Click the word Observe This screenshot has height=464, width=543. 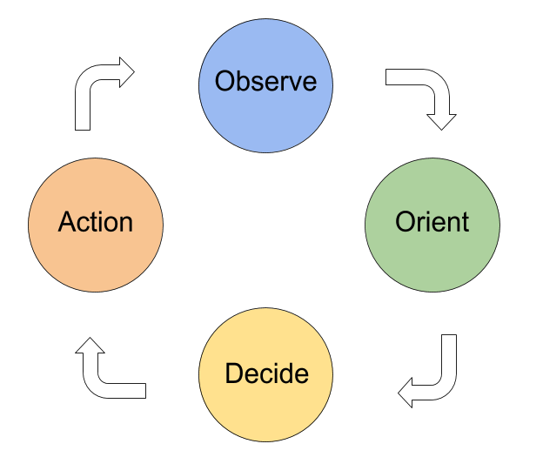click(x=265, y=81)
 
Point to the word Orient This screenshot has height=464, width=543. click(x=432, y=221)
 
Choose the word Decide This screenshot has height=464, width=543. click(x=266, y=373)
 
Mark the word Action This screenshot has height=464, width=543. click(x=96, y=221)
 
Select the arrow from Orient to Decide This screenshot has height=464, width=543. click(x=447, y=381)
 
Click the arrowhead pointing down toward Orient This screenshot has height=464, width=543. click(x=441, y=122)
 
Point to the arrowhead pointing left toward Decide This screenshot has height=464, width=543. click(x=406, y=393)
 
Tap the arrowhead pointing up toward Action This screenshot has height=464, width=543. click(x=90, y=346)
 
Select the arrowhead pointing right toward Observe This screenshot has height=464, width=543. click(x=127, y=72)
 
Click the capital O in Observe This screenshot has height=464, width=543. click(x=225, y=81)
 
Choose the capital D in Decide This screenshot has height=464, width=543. click(x=234, y=373)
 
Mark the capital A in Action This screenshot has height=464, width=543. click(x=68, y=221)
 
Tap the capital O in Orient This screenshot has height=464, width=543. click(x=405, y=221)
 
